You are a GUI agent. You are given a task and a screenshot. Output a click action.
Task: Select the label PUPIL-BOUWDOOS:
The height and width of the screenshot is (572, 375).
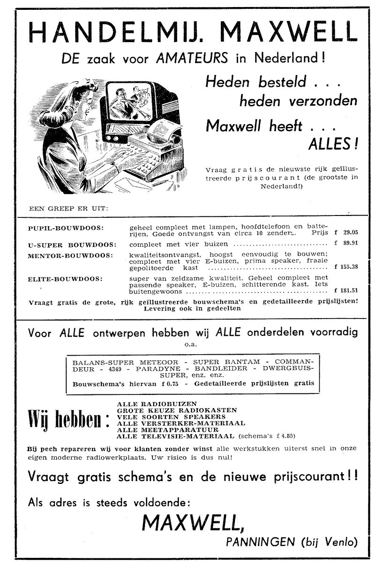(x=66, y=228)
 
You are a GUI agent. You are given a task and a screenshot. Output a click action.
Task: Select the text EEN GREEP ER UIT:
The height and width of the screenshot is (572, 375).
(x=68, y=208)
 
